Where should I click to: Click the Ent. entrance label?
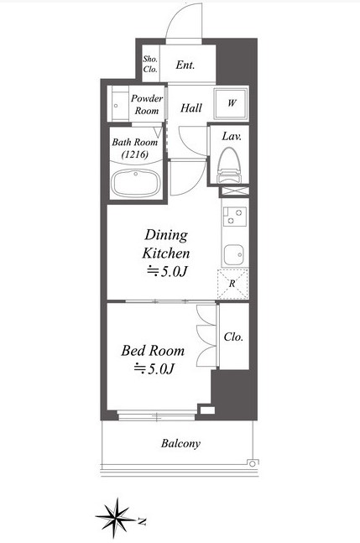point(185,65)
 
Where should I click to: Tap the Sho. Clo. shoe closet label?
point(150,64)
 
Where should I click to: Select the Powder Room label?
point(147,105)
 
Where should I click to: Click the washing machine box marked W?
point(231,103)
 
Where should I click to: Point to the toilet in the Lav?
point(228,166)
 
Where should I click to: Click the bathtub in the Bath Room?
point(136,183)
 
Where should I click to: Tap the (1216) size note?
point(135,154)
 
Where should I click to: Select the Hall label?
point(191,108)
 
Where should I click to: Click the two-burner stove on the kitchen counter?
point(235,217)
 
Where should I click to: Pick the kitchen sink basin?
point(233,255)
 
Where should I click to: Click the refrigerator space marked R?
point(232,284)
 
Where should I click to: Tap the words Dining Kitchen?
point(166,244)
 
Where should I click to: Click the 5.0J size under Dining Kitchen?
point(167,272)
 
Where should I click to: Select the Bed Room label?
point(153,351)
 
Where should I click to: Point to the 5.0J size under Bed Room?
point(154,368)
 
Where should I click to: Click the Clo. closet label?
point(233,337)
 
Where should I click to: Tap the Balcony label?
point(180,444)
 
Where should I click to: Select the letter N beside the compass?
point(142,521)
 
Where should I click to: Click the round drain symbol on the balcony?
point(253,463)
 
